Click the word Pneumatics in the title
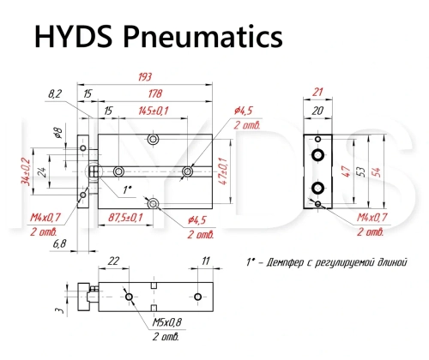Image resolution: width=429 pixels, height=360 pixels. tap(202, 37)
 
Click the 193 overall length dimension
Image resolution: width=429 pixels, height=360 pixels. tap(145, 77)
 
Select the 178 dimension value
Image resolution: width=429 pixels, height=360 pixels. tap(155, 93)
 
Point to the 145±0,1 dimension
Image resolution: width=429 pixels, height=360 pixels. tap(154, 111)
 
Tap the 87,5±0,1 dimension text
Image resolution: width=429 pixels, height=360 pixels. tap(125, 218)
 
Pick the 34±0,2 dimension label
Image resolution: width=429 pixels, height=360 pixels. tap(27, 171)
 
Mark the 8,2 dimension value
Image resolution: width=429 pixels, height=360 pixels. tap(55, 93)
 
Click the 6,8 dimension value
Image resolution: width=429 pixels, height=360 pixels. tap(59, 243)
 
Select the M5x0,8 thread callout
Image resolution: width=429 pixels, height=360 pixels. tap(167, 322)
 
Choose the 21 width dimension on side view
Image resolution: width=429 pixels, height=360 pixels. tap(317, 92)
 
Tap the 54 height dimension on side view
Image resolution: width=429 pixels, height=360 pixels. tap(378, 172)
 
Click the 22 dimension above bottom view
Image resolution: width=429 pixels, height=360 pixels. tap(113, 261)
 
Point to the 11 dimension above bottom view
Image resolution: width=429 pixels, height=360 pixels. tap(206, 261)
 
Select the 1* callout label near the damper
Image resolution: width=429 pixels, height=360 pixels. tap(127, 189)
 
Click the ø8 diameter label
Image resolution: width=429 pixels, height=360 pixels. tap(57, 133)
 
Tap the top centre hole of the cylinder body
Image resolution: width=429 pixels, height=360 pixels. tap(154, 139)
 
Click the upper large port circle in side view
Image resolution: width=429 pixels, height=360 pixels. tap(317, 155)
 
